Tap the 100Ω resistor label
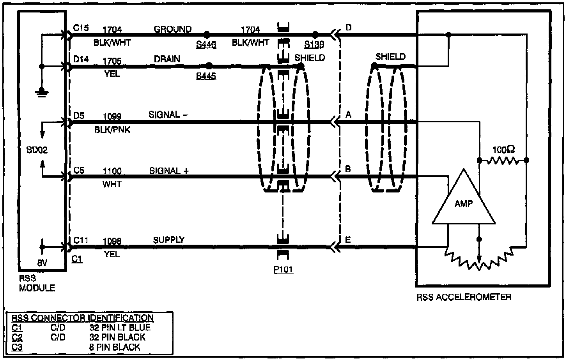[503, 150]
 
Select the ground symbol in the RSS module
[42, 92]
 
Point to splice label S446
[206, 44]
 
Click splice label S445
[206, 76]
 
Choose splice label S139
[314, 44]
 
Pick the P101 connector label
[283, 270]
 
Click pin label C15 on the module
[81, 28]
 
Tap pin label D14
[81, 59]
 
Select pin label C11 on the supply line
[81, 240]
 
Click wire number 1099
[112, 116]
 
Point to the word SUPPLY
[168, 240]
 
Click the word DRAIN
[167, 59]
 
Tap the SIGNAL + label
[169, 171]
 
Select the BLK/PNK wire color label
[112, 130]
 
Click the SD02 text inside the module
[37, 150]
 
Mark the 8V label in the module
[42, 263]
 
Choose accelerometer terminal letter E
[348, 240]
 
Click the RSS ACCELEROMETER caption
[464, 297]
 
